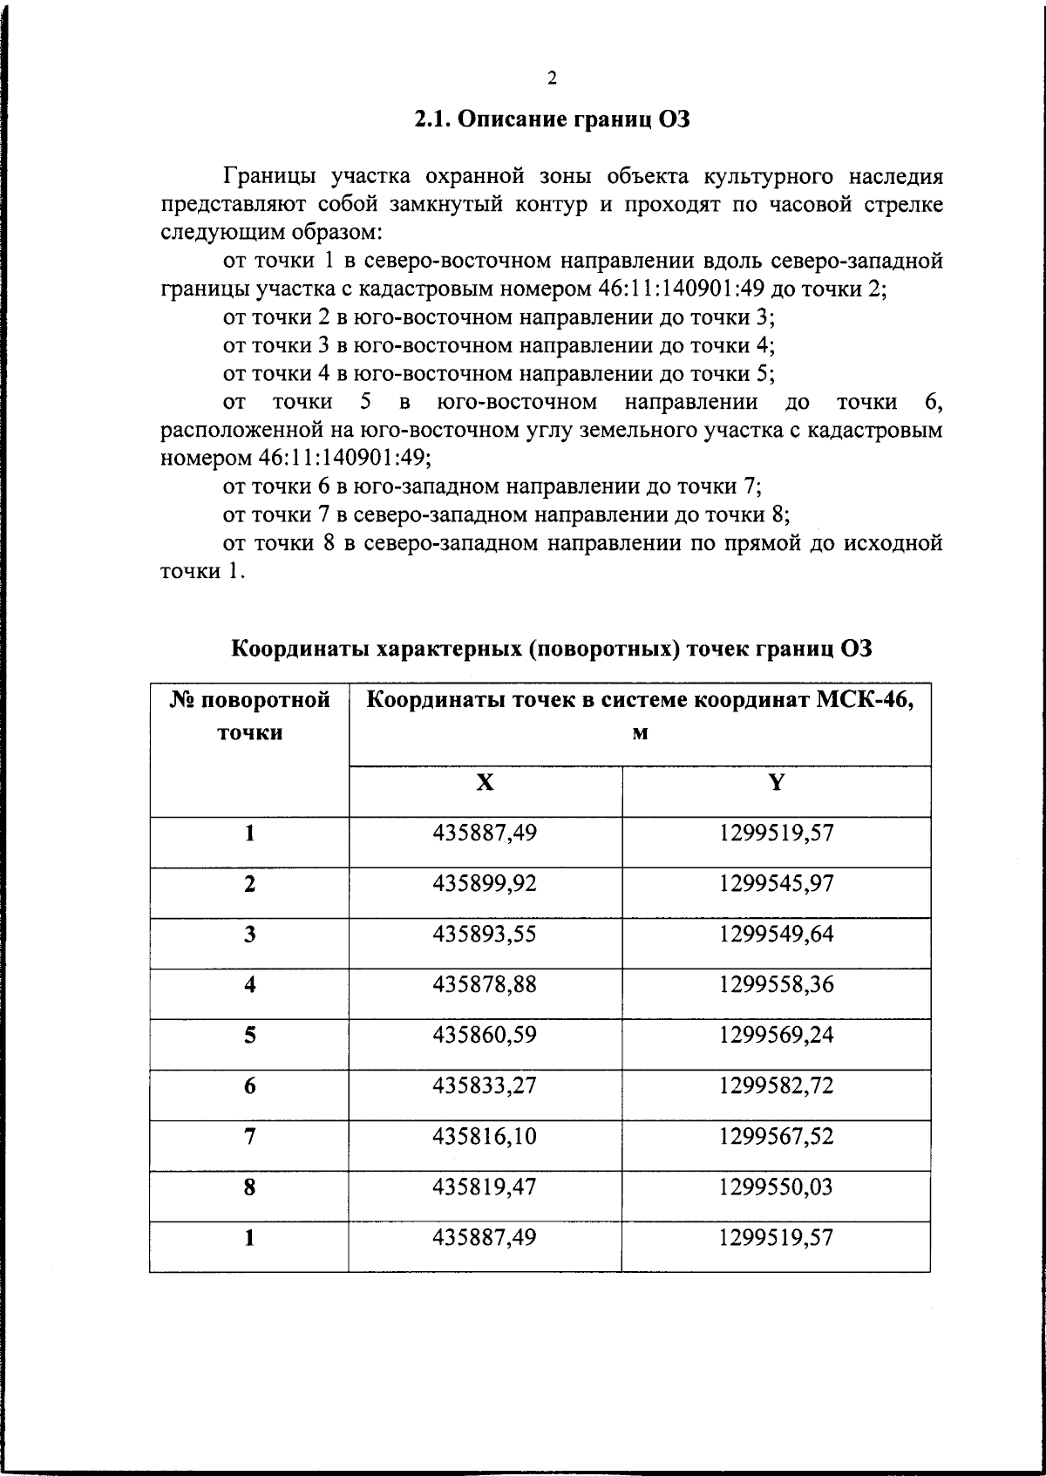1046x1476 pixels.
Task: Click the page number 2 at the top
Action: click(551, 79)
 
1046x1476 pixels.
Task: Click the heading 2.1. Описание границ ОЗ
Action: click(552, 119)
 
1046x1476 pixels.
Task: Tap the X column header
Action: click(485, 783)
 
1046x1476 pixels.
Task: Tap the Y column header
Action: click(776, 783)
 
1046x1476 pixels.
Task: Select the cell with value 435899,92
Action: click(485, 883)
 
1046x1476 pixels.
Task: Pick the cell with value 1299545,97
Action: click(776, 883)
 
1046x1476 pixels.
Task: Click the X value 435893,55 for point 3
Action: click(485, 934)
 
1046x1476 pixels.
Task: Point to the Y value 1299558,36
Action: click(776, 984)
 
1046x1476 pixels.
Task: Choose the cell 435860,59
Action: click(485, 1035)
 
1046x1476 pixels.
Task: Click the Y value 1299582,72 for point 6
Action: click(776, 1085)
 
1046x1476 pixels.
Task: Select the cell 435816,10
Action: click(485, 1136)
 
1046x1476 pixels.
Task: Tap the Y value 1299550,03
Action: click(776, 1187)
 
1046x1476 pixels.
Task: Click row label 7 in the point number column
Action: click(249, 1136)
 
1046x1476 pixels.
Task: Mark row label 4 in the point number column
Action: click(249, 984)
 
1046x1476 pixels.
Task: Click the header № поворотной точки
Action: click(249, 715)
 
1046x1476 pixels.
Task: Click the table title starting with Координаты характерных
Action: click(552, 649)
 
